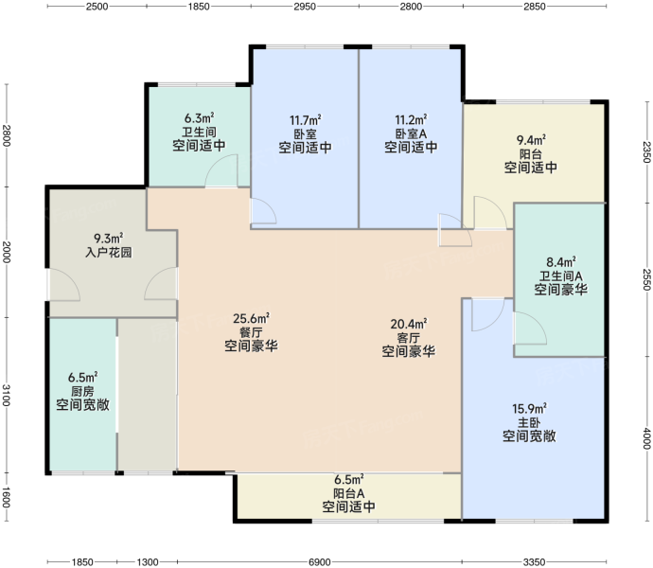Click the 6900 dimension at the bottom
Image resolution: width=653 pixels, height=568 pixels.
[320, 562]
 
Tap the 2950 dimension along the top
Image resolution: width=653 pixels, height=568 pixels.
[305, 7]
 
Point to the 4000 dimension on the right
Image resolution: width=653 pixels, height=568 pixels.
[646, 438]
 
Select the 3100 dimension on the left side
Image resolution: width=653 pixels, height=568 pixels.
[7, 395]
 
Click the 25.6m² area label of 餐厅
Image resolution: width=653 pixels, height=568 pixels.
[251, 319]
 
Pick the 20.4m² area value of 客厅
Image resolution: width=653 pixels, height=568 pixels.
[409, 324]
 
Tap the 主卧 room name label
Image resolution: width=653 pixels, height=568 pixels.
[529, 422]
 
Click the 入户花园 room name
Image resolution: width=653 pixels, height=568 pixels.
[109, 252]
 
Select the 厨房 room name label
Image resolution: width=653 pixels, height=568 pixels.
[82, 391]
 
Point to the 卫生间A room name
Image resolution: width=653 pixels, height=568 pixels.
[561, 275]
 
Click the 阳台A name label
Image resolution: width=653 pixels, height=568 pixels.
[349, 493]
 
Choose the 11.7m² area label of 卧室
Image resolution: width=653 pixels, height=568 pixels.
[306, 120]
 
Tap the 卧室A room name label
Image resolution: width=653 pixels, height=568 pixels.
[411, 133]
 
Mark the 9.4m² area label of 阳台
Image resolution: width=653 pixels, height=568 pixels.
[531, 140]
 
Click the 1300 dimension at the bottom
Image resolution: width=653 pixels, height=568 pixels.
[148, 562]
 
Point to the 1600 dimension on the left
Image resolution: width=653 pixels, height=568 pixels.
[7, 497]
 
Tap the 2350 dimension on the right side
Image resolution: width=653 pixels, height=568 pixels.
[646, 152]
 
